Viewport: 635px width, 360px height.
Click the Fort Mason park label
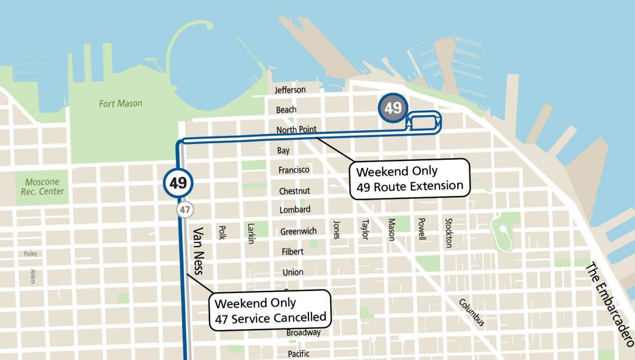(121, 104)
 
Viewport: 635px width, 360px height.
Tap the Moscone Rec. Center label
(42, 187)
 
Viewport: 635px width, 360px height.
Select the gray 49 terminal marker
(393, 109)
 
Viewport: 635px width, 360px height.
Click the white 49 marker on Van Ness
(178, 184)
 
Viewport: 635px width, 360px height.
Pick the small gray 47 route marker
(184, 210)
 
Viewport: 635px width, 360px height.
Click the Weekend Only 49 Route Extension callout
(410, 179)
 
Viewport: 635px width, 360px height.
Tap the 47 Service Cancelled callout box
(270, 310)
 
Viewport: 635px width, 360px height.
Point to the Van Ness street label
(198, 252)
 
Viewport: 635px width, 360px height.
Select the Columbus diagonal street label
(471, 313)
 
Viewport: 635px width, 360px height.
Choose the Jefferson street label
(290, 90)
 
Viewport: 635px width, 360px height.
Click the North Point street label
(296, 130)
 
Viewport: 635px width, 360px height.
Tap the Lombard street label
(295, 210)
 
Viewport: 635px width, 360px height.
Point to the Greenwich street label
(298, 231)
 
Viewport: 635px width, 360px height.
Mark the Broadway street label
(303, 333)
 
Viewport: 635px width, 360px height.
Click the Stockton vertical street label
(449, 232)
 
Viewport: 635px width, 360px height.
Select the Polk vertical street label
(222, 232)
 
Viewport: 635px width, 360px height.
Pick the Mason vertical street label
(392, 229)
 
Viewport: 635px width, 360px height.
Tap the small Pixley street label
(31, 254)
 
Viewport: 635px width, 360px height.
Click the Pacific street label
(298, 354)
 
